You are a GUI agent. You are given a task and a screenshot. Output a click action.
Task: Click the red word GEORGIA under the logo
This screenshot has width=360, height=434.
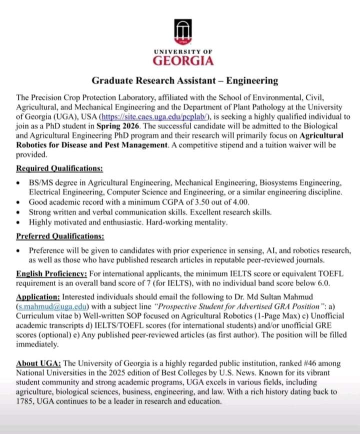click(x=183, y=61)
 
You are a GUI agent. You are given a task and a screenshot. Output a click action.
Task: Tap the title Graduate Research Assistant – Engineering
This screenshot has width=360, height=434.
click(x=184, y=80)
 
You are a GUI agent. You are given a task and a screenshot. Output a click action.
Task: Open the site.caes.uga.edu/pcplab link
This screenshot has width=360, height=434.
click(x=158, y=116)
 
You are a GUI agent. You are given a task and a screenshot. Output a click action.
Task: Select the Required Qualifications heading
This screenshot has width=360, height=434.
click(x=59, y=168)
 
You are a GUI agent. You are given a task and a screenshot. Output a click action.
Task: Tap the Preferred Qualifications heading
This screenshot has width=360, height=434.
click(x=60, y=236)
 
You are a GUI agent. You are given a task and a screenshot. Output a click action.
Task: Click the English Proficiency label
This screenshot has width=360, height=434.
click(x=52, y=274)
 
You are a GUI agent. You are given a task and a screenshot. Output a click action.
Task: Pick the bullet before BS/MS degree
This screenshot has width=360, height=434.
click(x=18, y=183)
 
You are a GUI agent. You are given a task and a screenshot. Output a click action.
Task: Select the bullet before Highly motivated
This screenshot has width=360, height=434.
click(x=18, y=221)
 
